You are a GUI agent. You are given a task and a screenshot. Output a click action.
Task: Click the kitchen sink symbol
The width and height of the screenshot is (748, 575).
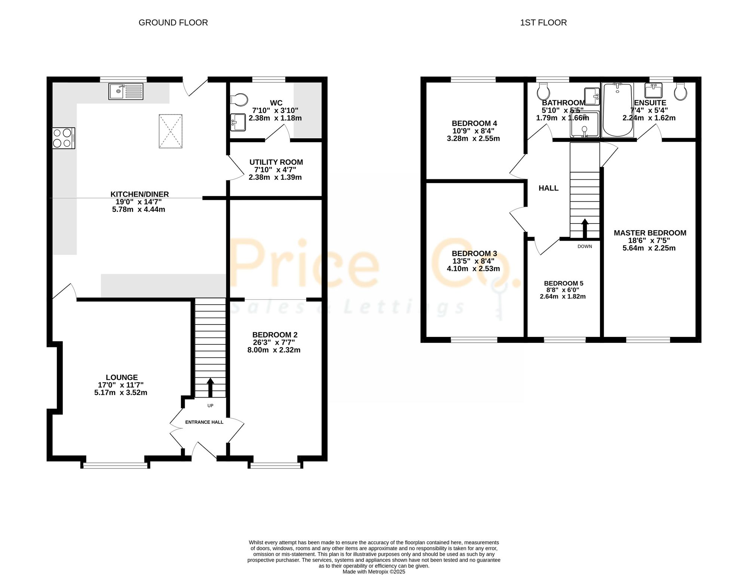[x=126, y=91]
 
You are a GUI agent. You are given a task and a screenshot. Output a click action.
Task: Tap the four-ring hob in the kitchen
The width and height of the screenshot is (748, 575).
[x=64, y=138]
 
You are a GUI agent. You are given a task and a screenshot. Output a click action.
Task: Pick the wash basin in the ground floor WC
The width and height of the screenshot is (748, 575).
[x=238, y=122]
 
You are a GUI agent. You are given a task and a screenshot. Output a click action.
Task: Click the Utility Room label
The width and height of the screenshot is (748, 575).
[x=276, y=162]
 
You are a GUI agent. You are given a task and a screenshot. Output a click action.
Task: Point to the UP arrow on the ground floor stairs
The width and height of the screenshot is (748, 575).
[x=210, y=387]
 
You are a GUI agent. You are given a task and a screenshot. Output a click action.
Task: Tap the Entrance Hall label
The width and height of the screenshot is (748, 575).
[x=204, y=422]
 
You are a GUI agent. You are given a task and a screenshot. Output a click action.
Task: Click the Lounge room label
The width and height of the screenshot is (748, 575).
[x=122, y=377]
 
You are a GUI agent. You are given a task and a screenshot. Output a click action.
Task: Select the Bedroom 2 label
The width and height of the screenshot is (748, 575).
[x=275, y=335]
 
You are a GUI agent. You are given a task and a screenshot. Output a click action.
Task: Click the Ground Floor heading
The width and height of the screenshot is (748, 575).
[x=173, y=22]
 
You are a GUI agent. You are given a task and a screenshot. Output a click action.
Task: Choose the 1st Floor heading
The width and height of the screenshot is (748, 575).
[x=543, y=22]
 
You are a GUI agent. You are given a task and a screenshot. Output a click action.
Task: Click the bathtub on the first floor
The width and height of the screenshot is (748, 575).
[x=618, y=110]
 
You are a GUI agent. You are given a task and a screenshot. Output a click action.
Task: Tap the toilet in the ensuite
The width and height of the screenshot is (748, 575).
[x=681, y=91]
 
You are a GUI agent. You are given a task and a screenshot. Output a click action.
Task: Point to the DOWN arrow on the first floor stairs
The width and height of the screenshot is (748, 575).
[x=585, y=229]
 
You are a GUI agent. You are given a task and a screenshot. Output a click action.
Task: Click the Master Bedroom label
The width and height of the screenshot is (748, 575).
[x=650, y=233]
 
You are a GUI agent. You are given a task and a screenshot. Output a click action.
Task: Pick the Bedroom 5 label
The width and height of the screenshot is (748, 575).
[x=564, y=283]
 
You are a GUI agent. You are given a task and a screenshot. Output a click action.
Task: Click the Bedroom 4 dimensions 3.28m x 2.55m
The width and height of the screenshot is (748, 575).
[x=473, y=139]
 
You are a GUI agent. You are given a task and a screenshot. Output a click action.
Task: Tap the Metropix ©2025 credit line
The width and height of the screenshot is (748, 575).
[x=374, y=572]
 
